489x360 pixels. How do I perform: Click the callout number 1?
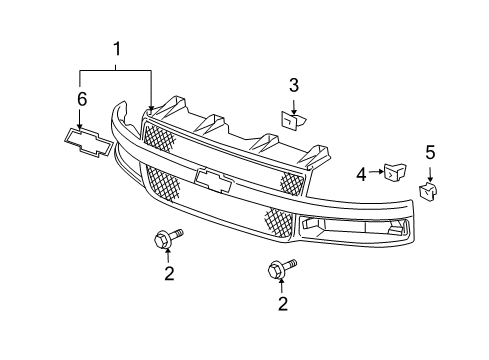coord(117,48)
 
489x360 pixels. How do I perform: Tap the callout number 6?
coord(81,99)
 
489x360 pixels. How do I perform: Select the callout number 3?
coord(294,85)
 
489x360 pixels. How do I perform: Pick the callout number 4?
coord(361,174)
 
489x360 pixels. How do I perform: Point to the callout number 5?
coord(430,153)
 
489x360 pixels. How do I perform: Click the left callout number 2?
coord(169,272)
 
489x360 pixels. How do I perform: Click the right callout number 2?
coord(281,303)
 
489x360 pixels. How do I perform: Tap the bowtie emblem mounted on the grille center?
coord(214,180)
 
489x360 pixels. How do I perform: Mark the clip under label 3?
coord(293,121)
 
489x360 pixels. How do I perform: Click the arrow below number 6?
coord(81,117)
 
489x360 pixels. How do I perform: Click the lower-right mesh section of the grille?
coord(279,222)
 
